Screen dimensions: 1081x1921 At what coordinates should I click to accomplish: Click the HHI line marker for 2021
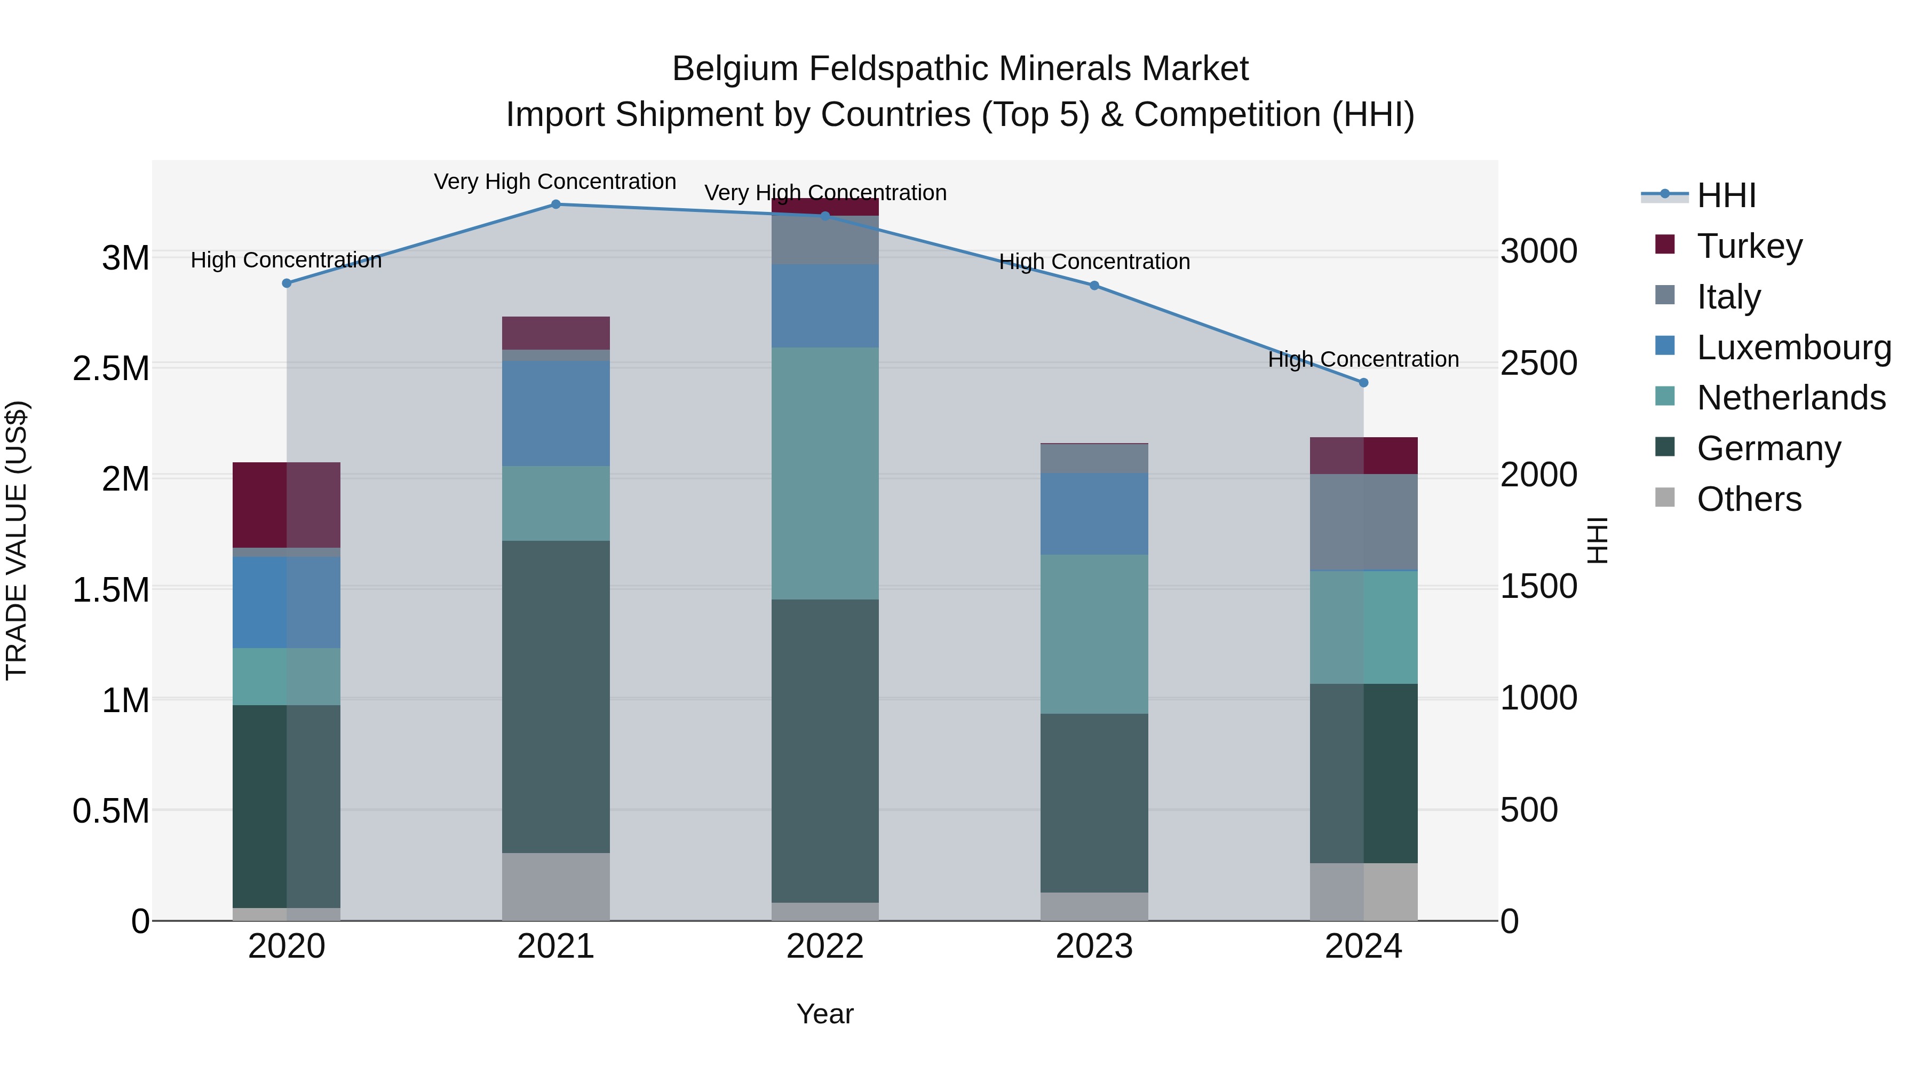[555, 204]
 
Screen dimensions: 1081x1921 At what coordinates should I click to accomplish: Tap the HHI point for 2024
[1363, 383]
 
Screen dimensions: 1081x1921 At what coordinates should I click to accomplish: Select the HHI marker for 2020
[287, 283]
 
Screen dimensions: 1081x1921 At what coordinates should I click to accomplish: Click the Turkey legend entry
[1749, 246]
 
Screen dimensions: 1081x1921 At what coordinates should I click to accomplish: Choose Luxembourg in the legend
[1793, 348]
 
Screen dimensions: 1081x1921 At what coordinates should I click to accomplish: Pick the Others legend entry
[1749, 499]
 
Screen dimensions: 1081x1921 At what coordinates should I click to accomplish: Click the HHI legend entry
[1726, 195]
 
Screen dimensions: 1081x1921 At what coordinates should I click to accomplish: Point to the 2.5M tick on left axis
[110, 368]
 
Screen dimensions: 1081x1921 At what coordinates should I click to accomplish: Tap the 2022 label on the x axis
[825, 946]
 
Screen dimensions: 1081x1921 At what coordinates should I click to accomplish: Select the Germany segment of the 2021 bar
[555, 697]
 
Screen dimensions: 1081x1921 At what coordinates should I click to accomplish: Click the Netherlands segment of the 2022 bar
[825, 473]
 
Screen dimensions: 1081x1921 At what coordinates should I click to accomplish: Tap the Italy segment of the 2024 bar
[1363, 522]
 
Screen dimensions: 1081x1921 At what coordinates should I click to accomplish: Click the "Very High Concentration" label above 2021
[555, 182]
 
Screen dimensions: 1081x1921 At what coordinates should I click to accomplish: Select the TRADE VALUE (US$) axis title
[17, 540]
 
